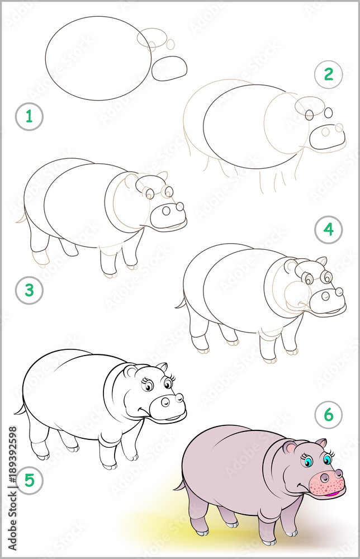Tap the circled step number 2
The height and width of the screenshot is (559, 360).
coord(328,74)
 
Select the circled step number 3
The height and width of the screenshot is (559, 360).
coord(29,290)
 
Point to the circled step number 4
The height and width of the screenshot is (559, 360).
coord(328,229)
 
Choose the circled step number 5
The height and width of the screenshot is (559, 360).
coord(29,479)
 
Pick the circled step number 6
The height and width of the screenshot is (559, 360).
coord(328,415)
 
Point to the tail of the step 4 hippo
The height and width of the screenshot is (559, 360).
coord(181,304)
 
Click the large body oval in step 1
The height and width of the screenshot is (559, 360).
coord(98,58)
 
